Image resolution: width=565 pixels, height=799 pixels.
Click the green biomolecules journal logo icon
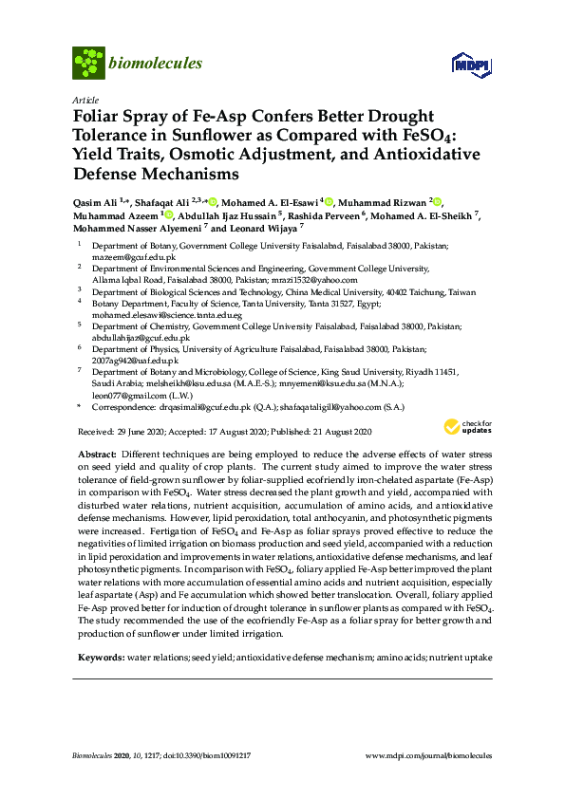[x=88, y=63]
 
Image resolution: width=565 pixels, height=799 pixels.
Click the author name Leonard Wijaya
[x=268, y=229]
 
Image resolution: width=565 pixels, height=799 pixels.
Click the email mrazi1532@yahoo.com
[x=321, y=281]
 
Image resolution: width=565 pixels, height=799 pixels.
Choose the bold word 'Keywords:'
[x=100, y=657]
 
